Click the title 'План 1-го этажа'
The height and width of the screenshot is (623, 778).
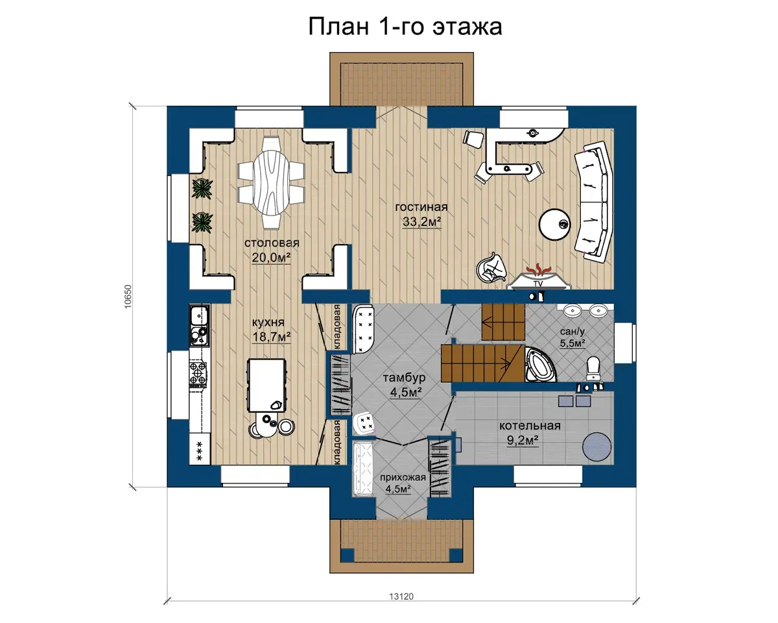(405, 27)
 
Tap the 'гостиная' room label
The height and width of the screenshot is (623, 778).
(421, 207)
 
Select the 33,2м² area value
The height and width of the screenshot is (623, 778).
(422, 221)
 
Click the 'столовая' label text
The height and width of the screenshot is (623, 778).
(272, 243)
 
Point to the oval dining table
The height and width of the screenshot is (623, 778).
(271, 182)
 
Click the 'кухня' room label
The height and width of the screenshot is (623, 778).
(268, 322)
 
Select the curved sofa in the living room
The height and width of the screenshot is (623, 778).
(594, 202)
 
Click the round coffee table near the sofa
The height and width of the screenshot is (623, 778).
(554, 225)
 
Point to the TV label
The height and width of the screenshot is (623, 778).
(538, 284)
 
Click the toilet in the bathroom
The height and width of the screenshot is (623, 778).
(593, 368)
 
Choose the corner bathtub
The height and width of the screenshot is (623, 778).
(539, 365)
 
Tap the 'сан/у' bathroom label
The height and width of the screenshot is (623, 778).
(572, 331)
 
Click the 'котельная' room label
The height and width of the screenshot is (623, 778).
(530, 426)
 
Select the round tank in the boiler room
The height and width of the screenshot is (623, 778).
(597, 446)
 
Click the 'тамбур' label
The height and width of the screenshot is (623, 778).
(404, 378)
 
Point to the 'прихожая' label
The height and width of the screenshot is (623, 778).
(403, 478)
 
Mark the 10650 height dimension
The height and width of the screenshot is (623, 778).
(128, 297)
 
